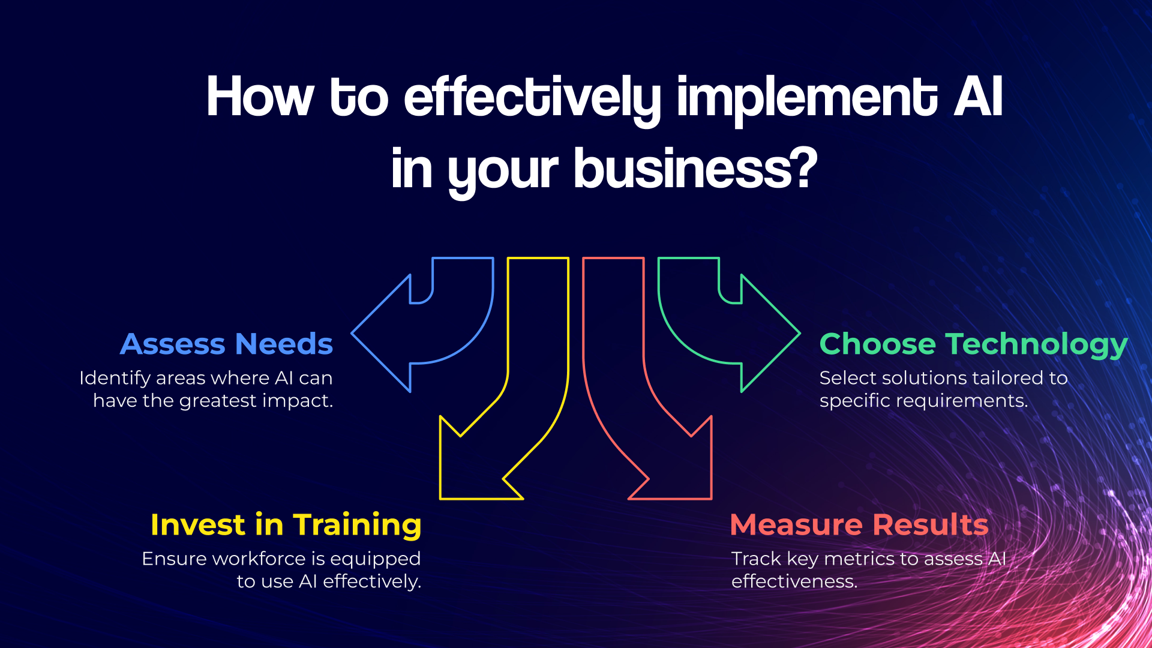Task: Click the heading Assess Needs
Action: click(x=226, y=344)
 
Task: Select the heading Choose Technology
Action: click(x=973, y=345)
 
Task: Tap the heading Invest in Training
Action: click(x=286, y=526)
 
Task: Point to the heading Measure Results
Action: click(x=859, y=524)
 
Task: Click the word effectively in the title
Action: click(x=532, y=98)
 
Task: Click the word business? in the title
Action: click(x=695, y=170)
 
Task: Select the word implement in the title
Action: click(x=807, y=98)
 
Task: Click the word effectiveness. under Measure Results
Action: click(x=794, y=581)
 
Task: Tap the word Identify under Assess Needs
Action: click(x=115, y=379)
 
